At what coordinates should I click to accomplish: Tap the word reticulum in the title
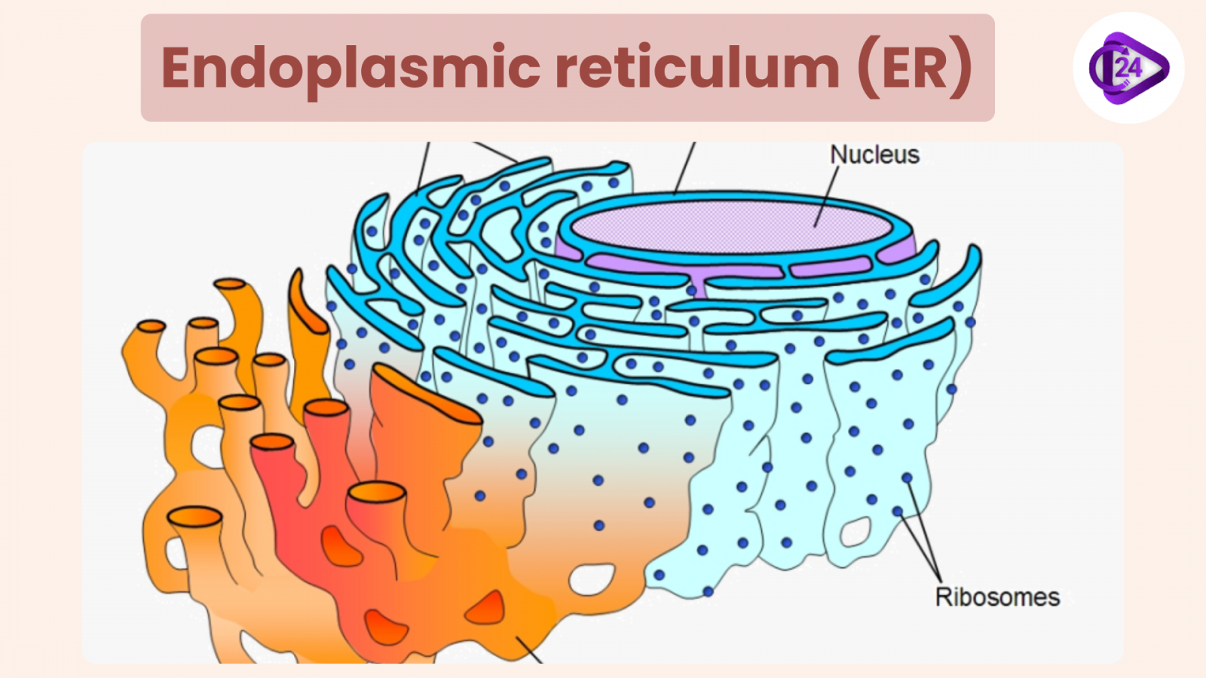(x=697, y=69)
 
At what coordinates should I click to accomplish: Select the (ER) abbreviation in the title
(x=914, y=69)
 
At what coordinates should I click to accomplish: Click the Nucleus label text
(x=874, y=155)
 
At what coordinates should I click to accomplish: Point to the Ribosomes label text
(x=996, y=597)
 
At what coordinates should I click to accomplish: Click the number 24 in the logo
(x=1128, y=68)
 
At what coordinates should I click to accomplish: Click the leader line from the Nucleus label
(x=827, y=196)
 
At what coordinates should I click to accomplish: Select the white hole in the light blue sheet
(x=855, y=531)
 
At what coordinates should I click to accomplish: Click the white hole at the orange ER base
(x=591, y=579)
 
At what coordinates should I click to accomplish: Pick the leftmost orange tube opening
(x=151, y=326)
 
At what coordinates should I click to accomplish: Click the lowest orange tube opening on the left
(x=194, y=517)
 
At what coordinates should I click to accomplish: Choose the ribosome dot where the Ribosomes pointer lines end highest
(x=907, y=478)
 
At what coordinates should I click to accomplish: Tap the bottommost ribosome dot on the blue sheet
(x=708, y=592)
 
